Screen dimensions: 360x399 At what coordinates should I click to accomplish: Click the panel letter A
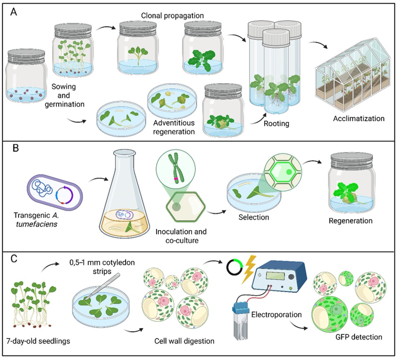point(14,12)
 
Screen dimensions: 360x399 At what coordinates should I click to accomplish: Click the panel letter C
point(14,258)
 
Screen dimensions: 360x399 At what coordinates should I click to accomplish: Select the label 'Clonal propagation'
point(172,16)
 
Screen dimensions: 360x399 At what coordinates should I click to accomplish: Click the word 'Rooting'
point(276,124)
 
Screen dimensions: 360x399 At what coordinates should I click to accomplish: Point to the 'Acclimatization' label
point(358,118)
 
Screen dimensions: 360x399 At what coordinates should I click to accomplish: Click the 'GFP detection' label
point(358,337)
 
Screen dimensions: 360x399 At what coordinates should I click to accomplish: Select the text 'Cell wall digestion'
point(184,341)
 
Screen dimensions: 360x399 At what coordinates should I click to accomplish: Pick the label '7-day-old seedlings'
point(38,341)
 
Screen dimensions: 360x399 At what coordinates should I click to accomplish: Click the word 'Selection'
point(254,217)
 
